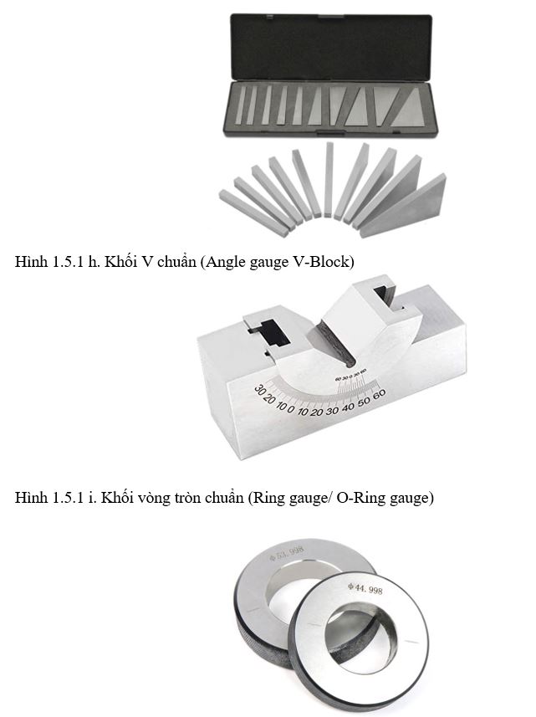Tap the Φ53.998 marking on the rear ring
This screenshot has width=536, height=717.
(x=287, y=553)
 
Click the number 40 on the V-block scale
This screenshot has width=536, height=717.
(x=348, y=407)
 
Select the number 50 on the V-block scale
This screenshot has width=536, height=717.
(x=364, y=401)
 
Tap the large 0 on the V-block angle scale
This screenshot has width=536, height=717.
(x=291, y=409)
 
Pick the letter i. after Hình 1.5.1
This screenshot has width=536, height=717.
(x=93, y=497)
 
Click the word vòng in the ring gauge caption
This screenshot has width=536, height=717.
(x=156, y=498)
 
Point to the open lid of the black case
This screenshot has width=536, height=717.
(x=331, y=47)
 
